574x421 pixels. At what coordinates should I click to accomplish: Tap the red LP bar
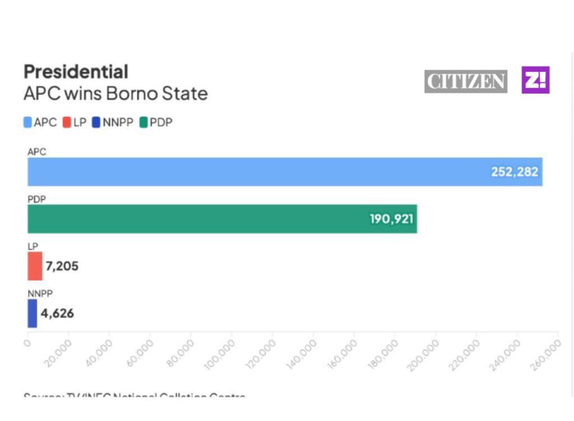click(x=35, y=266)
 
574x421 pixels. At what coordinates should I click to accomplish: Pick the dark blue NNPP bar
click(x=32, y=313)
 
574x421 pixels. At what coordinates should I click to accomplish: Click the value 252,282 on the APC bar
click(x=514, y=172)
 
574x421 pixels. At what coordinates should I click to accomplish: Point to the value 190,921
click(x=391, y=219)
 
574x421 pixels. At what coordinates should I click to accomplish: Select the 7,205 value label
click(x=62, y=266)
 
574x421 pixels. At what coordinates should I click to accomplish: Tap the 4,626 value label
click(x=57, y=313)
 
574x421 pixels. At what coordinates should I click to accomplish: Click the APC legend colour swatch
click(x=27, y=122)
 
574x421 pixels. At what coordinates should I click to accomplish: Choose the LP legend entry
click(x=75, y=122)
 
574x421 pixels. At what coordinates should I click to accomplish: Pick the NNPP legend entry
click(x=113, y=122)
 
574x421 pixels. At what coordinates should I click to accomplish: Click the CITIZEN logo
click(x=466, y=82)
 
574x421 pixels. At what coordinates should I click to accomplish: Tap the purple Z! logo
click(x=535, y=80)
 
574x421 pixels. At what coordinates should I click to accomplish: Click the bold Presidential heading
click(x=76, y=72)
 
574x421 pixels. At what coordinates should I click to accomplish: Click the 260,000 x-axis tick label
click(x=547, y=354)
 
